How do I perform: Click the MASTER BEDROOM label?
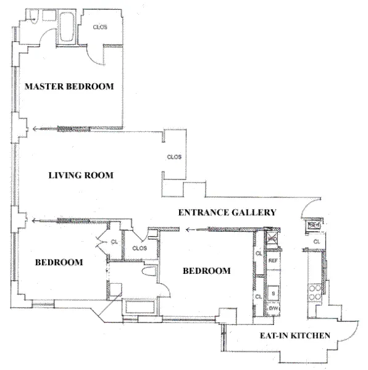coord(69,87)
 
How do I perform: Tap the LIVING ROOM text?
coord(81,175)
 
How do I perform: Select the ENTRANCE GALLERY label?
coord(227,213)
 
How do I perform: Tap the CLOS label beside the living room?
coord(174,157)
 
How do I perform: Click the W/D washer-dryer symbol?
coord(272,237)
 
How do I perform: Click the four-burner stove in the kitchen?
coord(316,290)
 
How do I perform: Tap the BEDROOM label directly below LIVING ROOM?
coord(59,262)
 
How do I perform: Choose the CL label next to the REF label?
coord(258,253)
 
